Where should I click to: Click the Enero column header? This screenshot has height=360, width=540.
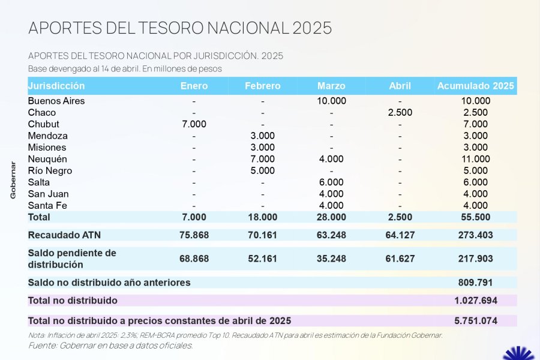[x=194, y=86]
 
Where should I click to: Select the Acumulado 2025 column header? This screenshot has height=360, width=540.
[x=475, y=86]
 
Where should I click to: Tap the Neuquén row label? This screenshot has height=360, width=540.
[x=47, y=159]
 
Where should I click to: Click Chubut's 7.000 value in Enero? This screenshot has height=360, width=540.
[x=194, y=124]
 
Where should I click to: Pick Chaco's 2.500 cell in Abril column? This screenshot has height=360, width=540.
[x=400, y=113]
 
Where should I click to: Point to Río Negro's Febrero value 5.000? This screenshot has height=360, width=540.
[x=262, y=171]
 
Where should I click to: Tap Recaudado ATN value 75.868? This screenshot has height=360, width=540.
[x=194, y=235]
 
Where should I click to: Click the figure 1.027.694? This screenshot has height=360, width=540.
[x=475, y=300]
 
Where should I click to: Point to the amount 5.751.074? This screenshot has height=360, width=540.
[x=475, y=321]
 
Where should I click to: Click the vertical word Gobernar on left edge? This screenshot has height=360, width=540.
[x=13, y=180]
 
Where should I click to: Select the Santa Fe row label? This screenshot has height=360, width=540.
[x=47, y=206]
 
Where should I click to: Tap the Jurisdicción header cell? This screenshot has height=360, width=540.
[x=56, y=86]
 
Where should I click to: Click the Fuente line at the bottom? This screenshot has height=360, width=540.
[x=110, y=346]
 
